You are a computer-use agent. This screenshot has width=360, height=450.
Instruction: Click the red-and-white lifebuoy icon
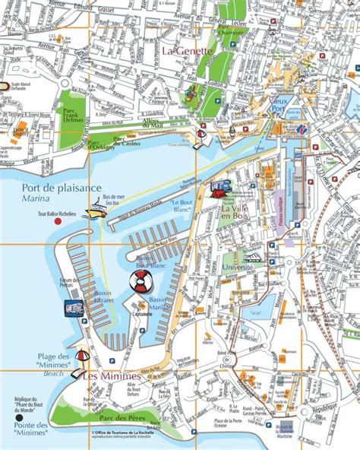click(x=141, y=280)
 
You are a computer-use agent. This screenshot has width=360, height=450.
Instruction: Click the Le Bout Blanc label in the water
click(x=183, y=207)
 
